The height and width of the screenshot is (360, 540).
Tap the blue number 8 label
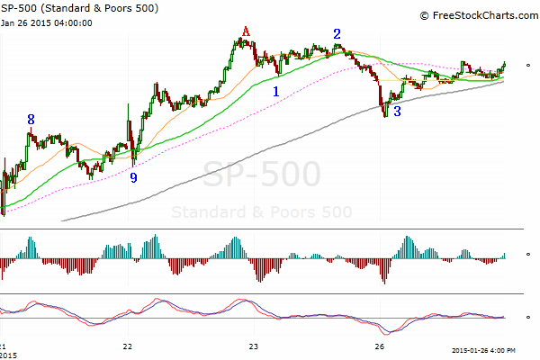click(31, 119)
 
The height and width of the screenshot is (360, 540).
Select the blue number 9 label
click(133, 178)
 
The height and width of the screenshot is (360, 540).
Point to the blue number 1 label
click(275, 91)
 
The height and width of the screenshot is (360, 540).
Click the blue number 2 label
click(337, 34)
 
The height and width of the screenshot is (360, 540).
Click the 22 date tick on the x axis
click(128, 345)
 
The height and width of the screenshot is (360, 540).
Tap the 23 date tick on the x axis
click(254, 345)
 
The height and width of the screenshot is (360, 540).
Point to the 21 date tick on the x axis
click(4, 345)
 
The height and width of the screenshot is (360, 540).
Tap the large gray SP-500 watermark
click(262, 174)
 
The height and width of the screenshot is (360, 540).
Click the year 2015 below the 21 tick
click(9, 354)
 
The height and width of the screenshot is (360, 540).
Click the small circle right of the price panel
click(528, 64)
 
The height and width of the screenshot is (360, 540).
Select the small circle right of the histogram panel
click(528, 255)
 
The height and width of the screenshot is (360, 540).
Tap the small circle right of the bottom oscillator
click(528, 316)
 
